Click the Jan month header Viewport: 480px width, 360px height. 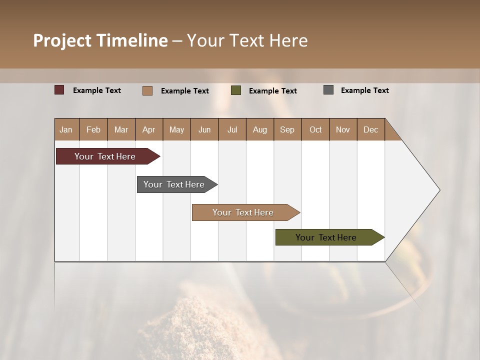point(66,129)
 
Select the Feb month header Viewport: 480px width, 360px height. point(93,129)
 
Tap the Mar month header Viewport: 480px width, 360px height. point(121,129)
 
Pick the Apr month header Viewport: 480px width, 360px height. point(149,129)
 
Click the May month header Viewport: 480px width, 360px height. point(176,129)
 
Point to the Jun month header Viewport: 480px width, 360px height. point(204,129)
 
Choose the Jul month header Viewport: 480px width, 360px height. point(232,129)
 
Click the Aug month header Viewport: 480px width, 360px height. point(260,129)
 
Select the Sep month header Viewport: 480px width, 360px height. point(287,129)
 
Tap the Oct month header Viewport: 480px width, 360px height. point(315,129)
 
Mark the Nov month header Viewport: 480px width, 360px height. point(343,129)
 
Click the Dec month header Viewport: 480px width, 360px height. point(371,129)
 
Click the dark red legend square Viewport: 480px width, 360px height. point(59,90)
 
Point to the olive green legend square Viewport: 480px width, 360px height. point(236,90)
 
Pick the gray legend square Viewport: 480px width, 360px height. point(328,90)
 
